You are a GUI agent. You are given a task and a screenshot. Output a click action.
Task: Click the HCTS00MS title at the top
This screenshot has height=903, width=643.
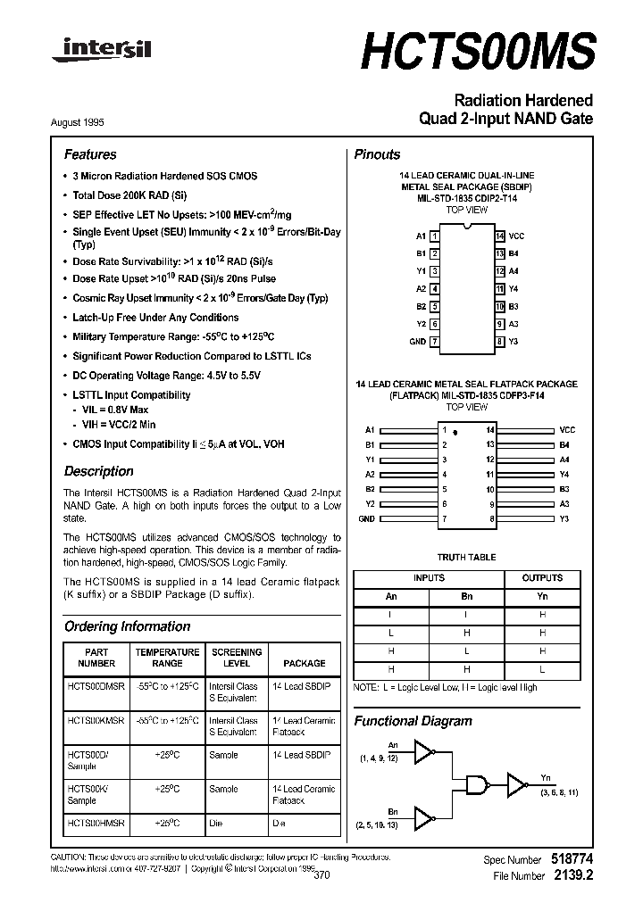477,53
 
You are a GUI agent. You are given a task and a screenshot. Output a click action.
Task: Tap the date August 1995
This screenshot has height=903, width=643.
90,123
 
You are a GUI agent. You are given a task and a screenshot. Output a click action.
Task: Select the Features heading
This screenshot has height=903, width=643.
90,154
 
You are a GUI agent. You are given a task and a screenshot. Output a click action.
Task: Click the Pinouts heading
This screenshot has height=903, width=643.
377,154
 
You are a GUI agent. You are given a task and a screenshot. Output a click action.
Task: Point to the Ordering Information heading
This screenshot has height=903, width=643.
127,626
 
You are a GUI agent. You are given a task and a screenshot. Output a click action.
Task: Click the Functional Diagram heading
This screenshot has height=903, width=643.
413,721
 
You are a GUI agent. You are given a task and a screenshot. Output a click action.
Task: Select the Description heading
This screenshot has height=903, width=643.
98,471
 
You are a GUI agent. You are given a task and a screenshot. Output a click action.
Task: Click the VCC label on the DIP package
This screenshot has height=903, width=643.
516,236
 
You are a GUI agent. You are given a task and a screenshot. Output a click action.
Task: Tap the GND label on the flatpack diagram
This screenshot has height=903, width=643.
367,518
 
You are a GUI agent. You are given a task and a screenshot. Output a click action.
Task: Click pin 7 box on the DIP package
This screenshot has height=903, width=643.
434,342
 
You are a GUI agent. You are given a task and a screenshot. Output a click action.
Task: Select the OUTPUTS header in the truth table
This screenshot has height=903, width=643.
542,578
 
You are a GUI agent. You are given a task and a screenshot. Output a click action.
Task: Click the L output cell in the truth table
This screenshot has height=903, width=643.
542,669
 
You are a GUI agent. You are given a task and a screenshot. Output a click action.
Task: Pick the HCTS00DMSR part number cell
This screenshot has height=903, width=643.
96,686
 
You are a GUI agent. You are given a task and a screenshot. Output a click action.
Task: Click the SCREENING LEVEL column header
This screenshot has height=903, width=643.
236,658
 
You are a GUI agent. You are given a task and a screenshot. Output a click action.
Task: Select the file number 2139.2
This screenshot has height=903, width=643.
573,876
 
